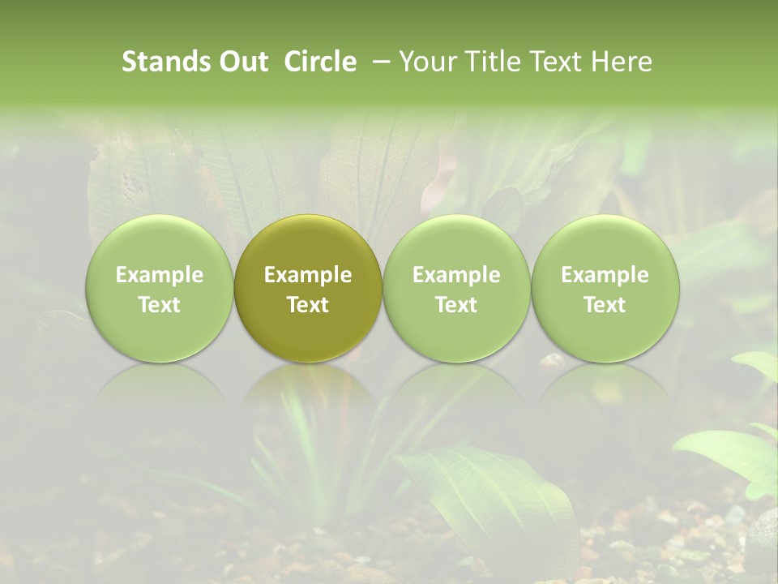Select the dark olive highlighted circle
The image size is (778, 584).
coord(308,289)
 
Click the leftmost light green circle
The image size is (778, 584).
coord(160,289)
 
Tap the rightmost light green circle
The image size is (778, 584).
coord(605,289)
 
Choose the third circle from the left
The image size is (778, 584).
coord(456,289)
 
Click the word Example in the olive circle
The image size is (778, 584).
coord(308,275)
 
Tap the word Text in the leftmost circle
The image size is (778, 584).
coord(160,305)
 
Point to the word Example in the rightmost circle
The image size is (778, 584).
coord(605,275)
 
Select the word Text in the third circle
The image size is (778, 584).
coord(456,305)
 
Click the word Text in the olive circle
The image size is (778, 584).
coord(308,305)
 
